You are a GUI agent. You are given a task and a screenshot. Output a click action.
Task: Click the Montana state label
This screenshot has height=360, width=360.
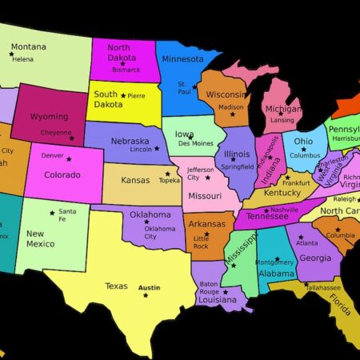click(x=28, y=46)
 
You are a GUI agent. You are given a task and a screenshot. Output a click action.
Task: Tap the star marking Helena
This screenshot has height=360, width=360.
click(x=12, y=54)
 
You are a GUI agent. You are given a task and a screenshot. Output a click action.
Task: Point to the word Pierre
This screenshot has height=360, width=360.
click(x=136, y=95)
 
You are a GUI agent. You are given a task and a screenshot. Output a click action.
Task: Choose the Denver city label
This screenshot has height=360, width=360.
click(x=52, y=155)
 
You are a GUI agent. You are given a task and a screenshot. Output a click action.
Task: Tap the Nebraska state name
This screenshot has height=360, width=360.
click(x=130, y=141)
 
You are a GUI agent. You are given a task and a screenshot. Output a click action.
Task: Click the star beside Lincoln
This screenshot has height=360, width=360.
click(x=157, y=148)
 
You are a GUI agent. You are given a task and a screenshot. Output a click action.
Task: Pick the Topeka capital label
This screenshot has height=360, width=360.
click(x=169, y=180)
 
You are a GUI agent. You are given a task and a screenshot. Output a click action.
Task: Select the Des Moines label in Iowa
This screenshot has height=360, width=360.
click(x=195, y=143)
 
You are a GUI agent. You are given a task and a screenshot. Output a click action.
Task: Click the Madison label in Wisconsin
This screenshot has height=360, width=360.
click(x=231, y=106)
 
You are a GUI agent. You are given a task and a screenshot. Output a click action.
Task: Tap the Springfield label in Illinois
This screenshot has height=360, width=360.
click(x=239, y=166)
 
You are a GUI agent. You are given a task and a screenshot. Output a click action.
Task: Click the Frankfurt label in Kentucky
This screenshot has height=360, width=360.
click(x=295, y=182)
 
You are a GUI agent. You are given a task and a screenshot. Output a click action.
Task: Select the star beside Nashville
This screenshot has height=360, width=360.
click(x=264, y=209)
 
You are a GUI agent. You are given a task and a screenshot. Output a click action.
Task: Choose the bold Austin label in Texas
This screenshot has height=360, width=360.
click(x=149, y=287)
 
